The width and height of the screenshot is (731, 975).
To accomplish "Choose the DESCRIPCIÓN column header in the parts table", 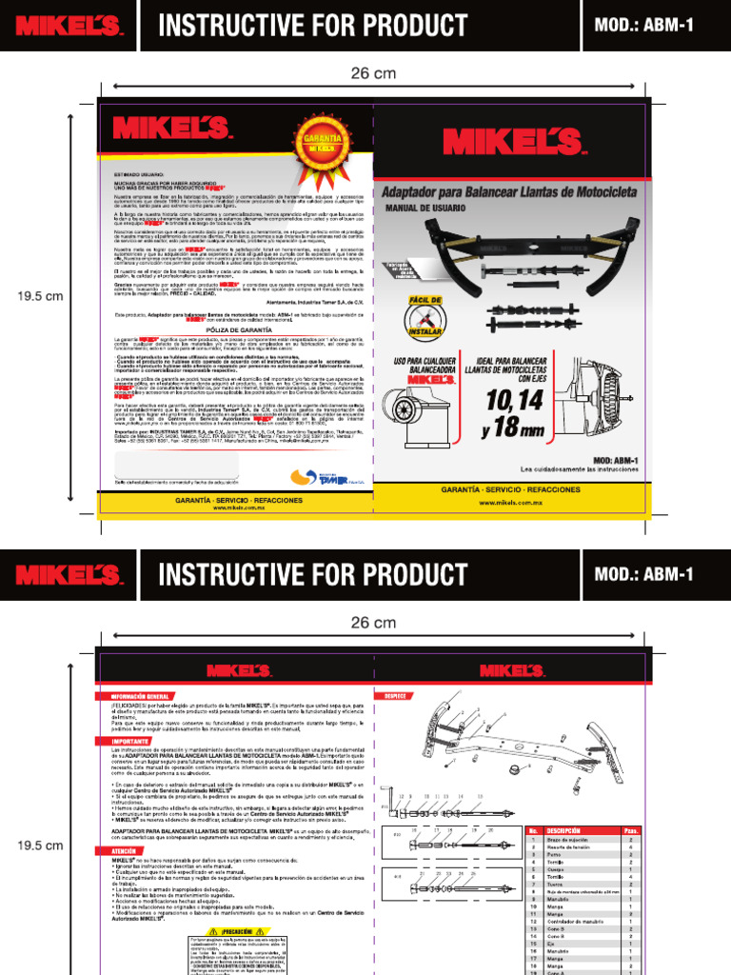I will (x=563, y=831).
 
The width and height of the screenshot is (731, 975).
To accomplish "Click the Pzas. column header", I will (x=631, y=831).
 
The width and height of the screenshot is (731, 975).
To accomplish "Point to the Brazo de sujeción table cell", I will (x=567, y=841).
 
